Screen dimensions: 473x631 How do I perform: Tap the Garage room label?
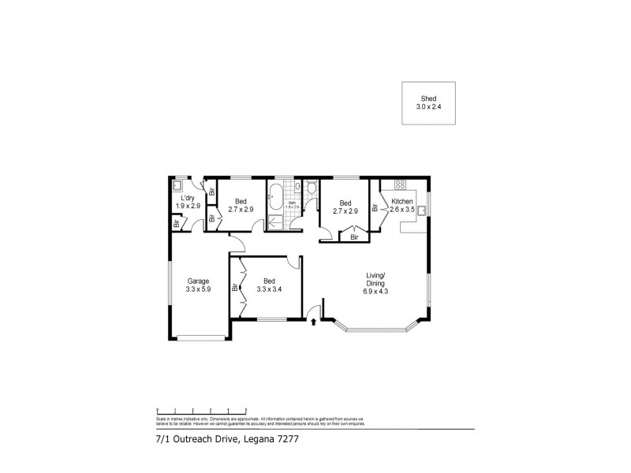click(x=198, y=285)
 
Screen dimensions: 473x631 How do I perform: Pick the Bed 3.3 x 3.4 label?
click(x=269, y=285)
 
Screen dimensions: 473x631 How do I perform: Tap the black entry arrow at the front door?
click(x=314, y=320)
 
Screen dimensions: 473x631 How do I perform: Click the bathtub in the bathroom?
click(x=274, y=201)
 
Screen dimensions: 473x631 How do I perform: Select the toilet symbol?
click(x=312, y=188)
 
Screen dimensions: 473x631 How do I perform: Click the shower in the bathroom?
click(x=276, y=223)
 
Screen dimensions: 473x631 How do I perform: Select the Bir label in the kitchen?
click(x=375, y=208)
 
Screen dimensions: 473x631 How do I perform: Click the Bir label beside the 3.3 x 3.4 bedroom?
click(x=235, y=287)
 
